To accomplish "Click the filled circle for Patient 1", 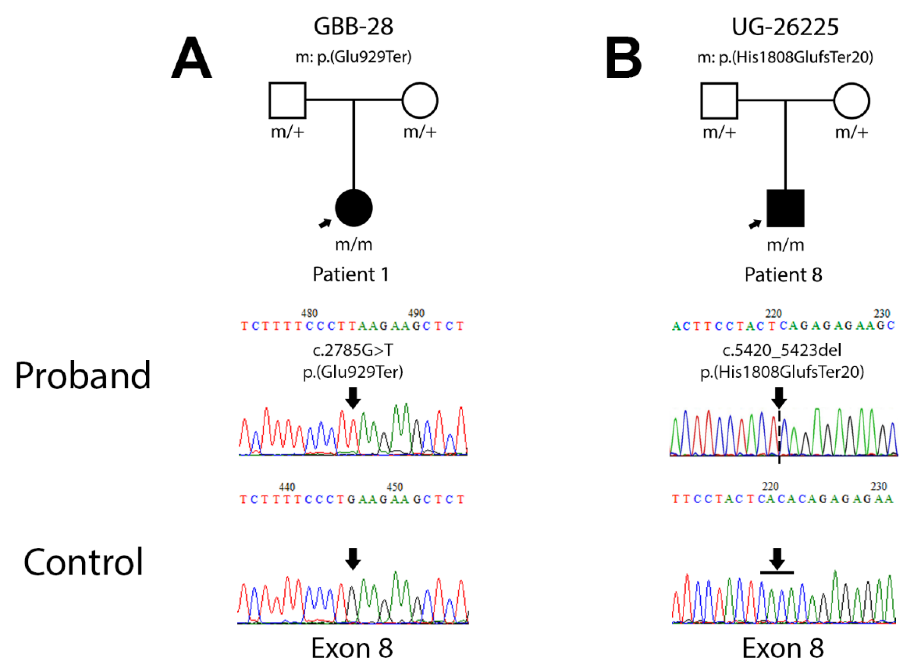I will [354, 208].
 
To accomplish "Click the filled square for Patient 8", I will [785, 208].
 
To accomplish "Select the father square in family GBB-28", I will [287, 100].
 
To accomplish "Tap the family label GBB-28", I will [353, 27].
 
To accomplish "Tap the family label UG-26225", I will [785, 27].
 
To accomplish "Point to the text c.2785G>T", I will [353, 350].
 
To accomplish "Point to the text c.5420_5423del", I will [782, 350].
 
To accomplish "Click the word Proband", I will [82, 376].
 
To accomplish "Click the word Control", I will [83, 562].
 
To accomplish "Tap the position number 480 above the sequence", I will [309, 313].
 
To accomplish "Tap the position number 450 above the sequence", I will [394, 487].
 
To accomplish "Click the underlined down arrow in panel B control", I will [777, 560].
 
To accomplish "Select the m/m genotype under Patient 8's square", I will [785, 245].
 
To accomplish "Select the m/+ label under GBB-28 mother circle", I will [419, 132].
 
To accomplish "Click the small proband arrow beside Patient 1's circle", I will [325, 223].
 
